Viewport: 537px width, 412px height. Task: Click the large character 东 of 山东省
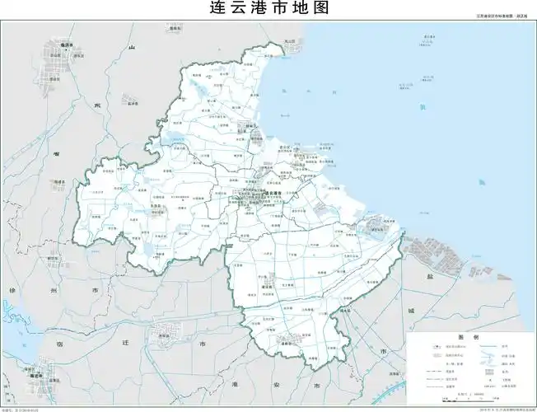(96, 106)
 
